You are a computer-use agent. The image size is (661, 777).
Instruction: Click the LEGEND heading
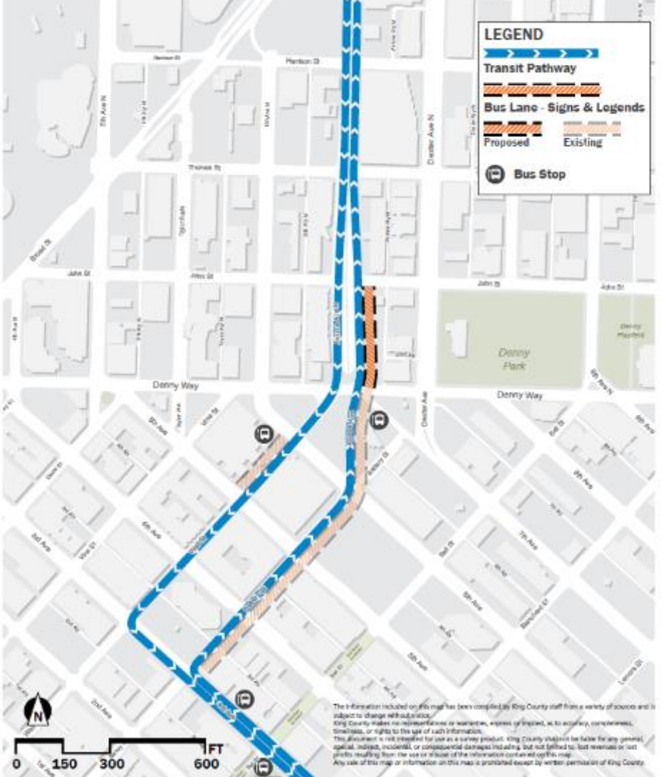coord(514,34)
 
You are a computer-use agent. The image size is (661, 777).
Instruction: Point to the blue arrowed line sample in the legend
coord(541,53)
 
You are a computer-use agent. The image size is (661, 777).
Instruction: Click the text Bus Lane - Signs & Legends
coord(563,108)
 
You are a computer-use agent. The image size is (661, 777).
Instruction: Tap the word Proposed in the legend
coord(506,143)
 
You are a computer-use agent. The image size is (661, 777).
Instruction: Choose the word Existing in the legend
coord(582,143)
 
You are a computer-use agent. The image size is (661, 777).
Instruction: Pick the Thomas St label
coord(201,168)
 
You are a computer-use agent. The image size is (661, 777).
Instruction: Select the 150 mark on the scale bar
coord(63,763)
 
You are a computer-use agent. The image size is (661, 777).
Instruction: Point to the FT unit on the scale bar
coord(214,748)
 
